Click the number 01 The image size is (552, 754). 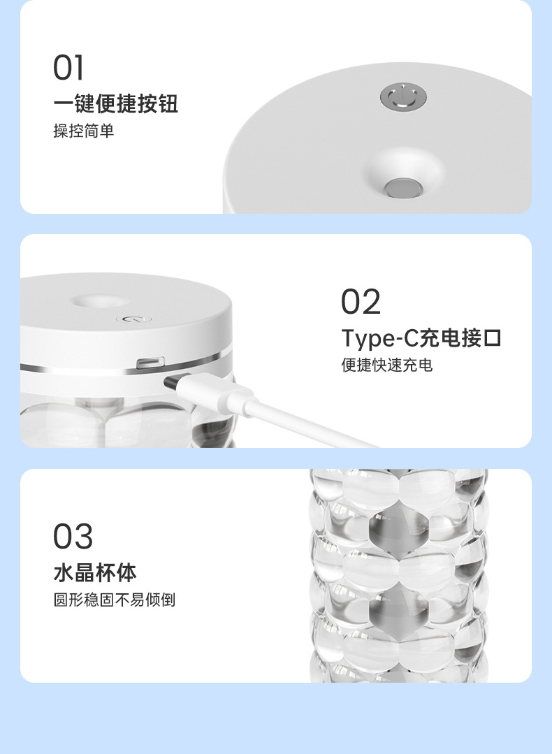pos(68,67)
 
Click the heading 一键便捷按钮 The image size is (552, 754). pos(115,103)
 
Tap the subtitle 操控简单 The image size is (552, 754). pos(84,131)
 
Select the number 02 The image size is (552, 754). pos(361,301)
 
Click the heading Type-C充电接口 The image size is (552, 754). pos(421,338)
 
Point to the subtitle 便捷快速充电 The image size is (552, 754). pos(387,365)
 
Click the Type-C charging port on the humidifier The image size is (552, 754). pos(150,363)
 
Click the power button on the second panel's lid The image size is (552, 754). pos(133,319)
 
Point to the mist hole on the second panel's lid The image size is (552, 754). pos(100,302)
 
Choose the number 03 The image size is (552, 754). pos(73,536)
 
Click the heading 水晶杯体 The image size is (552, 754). pos(95,573)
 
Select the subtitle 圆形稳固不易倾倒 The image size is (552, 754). pos(115,600)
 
